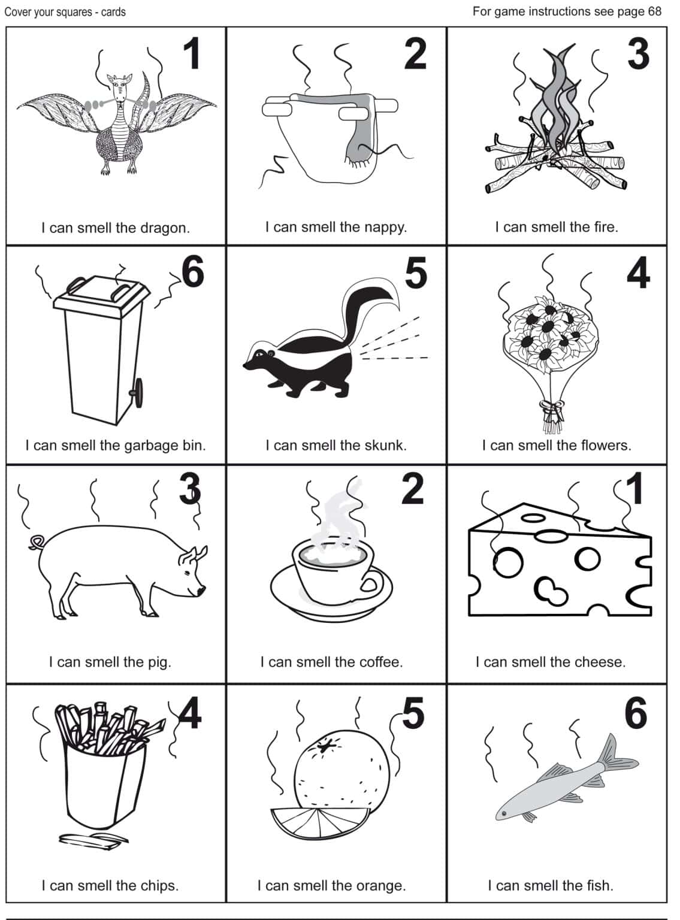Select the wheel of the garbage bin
[x=137, y=392]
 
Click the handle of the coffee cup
[x=371, y=584]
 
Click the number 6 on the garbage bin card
[x=193, y=271]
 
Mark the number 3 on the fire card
[x=638, y=55]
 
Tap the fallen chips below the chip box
[x=93, y=839]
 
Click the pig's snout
[x=202, y=591]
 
